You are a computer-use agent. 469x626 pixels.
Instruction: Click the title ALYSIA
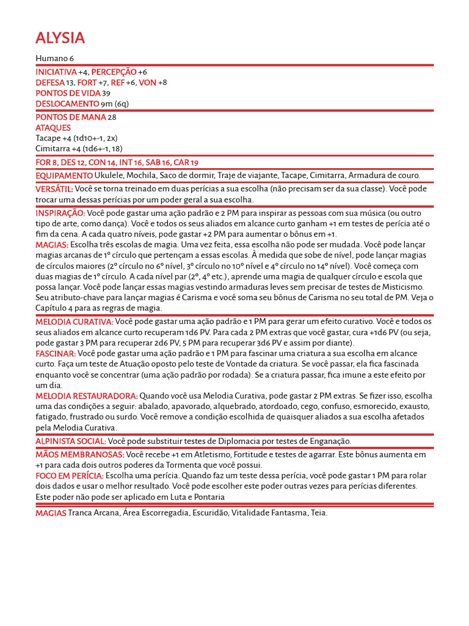tap(60, 39)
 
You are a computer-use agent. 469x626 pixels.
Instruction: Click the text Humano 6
tap(54, 58)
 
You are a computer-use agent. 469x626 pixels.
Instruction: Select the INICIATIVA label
tap(56, 72)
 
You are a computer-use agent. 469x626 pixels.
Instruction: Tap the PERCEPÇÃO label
tap(114, 72)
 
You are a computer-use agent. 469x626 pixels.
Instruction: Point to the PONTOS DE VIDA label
tap(68, 93)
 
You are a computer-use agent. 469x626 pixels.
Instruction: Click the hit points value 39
tap(106, 93)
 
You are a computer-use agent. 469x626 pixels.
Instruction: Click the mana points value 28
tap(112, 117)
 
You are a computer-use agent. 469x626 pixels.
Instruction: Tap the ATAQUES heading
tap(53, 128)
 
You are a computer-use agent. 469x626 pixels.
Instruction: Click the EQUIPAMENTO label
tap(64, 176)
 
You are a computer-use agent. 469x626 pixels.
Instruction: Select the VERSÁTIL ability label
tap(54, 190)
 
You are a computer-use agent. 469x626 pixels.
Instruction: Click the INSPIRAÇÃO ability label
tap(60, 213)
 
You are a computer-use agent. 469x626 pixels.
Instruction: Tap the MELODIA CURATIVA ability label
tap(75, 322)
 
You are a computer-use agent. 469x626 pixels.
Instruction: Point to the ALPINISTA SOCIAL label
tap(71, 441)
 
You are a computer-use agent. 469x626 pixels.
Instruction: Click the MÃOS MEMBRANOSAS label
tap(80, 455)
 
